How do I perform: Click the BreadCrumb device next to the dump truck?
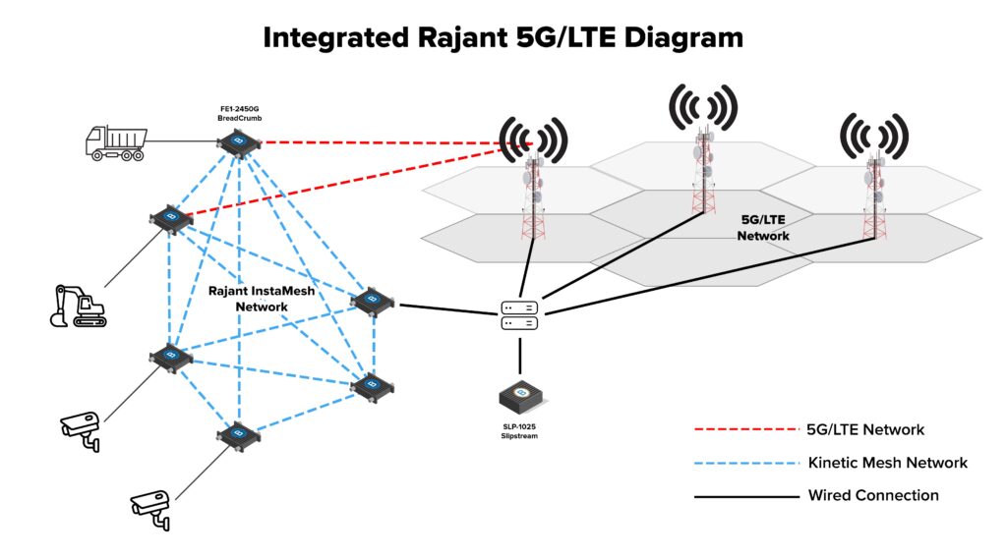click(x=236, y=144)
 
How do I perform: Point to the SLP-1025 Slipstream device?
click(x=521, y=397)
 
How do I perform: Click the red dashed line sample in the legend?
click(x=745, y=430)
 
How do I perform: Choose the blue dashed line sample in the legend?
click(x=745, y=463)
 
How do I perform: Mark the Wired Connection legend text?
click(x=873, y=495)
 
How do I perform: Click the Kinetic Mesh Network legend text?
click(x=887, y=463)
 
